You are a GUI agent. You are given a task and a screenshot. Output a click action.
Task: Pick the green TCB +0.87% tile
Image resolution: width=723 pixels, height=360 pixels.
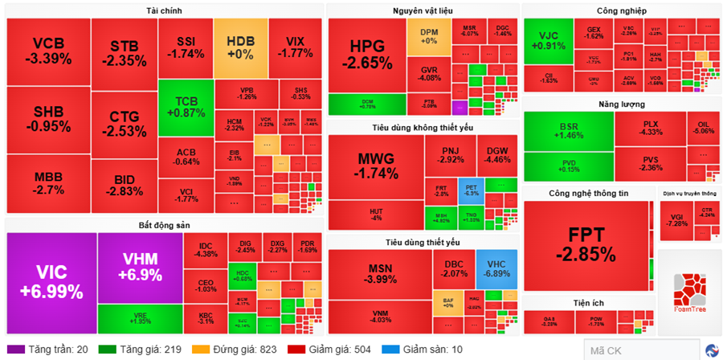point(185,108)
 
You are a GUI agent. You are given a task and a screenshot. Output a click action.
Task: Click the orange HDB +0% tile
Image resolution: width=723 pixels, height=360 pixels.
point(239,47)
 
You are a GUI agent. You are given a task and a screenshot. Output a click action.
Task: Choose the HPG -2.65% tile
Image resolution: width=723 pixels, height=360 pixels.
point(366,55)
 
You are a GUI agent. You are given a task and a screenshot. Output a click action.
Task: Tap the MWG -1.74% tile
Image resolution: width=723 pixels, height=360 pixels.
point(377,165)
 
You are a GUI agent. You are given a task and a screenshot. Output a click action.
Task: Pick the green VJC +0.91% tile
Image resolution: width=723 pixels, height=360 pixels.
point(549,40)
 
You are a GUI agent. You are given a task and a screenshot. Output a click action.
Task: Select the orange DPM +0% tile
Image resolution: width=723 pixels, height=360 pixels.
point(428,36)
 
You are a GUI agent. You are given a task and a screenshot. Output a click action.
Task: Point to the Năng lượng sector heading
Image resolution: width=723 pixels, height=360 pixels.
point(621,104)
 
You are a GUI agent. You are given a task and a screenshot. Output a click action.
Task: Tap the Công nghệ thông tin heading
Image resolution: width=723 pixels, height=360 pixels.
point(589,194)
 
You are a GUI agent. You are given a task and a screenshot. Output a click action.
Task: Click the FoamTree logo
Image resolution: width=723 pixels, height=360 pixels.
point(688,292)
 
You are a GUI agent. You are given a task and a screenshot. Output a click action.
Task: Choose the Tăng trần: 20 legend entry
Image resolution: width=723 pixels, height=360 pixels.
point(51,350)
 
